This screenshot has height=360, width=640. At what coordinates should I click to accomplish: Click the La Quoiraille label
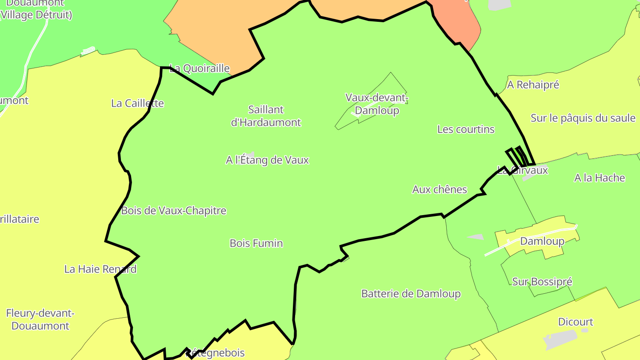click(200, 68)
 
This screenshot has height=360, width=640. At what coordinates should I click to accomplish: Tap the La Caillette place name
click(137, 103)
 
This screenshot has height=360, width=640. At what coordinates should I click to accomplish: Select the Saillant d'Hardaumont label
click(266, 116)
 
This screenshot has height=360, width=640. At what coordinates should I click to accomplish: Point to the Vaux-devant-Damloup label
click(377, 104)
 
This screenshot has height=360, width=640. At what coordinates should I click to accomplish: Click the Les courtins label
click(466, 129)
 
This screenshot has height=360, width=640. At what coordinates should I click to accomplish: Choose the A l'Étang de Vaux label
click(267, 160)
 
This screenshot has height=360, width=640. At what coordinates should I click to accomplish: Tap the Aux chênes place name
click(440, 189)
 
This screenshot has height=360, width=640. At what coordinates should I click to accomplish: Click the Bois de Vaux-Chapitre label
click(174, 211)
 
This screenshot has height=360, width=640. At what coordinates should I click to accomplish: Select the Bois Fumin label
click(256, 243)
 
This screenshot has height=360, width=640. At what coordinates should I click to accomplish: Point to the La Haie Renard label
click(100, 269)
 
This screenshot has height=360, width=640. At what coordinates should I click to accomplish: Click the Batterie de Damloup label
click(411, 294)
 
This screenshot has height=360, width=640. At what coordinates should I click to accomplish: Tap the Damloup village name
click(542, 241)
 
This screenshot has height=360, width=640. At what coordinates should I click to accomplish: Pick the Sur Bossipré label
click(542, 282)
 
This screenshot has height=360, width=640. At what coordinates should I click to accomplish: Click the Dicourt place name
click(576, 322)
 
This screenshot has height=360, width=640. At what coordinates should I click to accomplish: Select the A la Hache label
click(600, 178)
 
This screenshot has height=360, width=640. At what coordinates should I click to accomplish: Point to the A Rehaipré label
click(533, 84)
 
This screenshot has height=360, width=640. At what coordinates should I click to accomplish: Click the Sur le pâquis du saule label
click(583, 118)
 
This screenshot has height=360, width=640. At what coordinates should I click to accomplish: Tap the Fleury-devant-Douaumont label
click(40, 320)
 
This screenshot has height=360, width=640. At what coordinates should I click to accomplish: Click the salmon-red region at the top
click(460, 22)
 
